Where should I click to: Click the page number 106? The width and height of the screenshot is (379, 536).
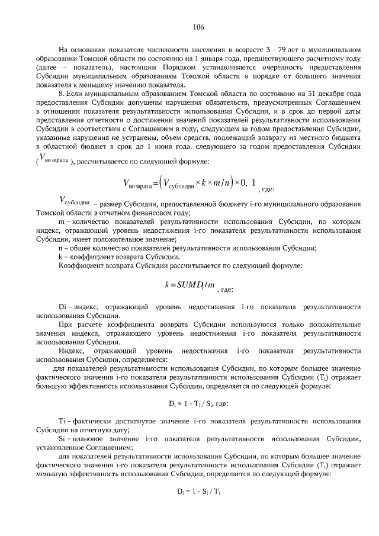(x=198, y=27)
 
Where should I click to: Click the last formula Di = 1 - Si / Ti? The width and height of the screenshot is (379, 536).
(x=189, y=491)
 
